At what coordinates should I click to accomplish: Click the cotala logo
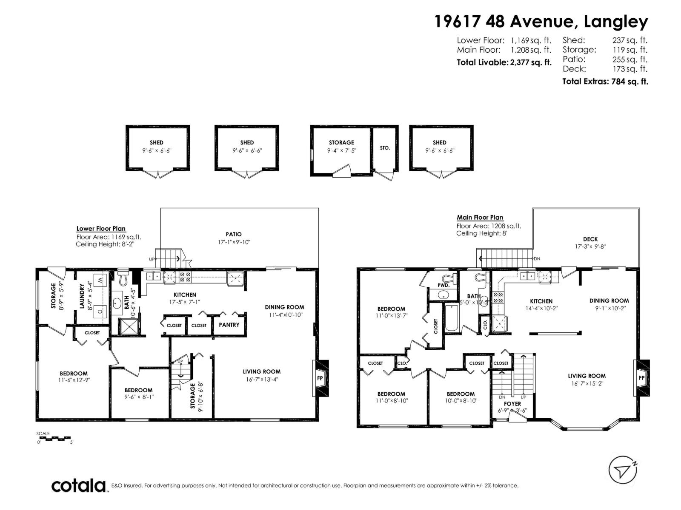pos(79,485)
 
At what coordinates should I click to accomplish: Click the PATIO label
pos(234,234)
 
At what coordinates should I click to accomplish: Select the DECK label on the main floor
pos(590,239)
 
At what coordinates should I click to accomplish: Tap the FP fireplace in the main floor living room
pos(641,378)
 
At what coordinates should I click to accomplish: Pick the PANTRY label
pos(229,325)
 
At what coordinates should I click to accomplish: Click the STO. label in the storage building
pos(385,148)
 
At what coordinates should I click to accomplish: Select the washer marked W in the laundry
pos(100,280)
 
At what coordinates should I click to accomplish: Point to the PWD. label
pos(444,286)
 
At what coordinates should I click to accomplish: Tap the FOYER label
pos(512,404)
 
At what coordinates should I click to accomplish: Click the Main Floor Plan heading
pos(480,217)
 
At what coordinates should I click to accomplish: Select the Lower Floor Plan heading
pos(101,229)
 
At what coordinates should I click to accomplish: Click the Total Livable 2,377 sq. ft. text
pos(504,62)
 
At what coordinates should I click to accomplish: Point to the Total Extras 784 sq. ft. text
pos(605,82)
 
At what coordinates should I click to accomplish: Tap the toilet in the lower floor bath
pos(124,279)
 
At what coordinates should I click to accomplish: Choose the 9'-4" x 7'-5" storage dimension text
pos(341,150)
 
